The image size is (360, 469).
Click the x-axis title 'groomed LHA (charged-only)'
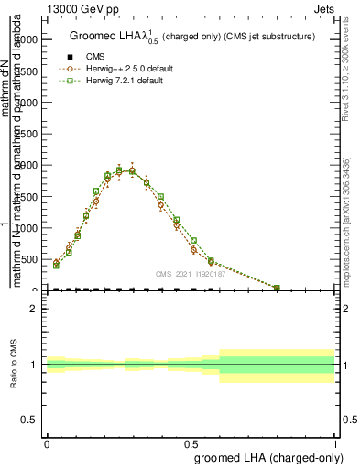(x=265, y=456)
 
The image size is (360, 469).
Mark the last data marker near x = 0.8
(x=277, y=289)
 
